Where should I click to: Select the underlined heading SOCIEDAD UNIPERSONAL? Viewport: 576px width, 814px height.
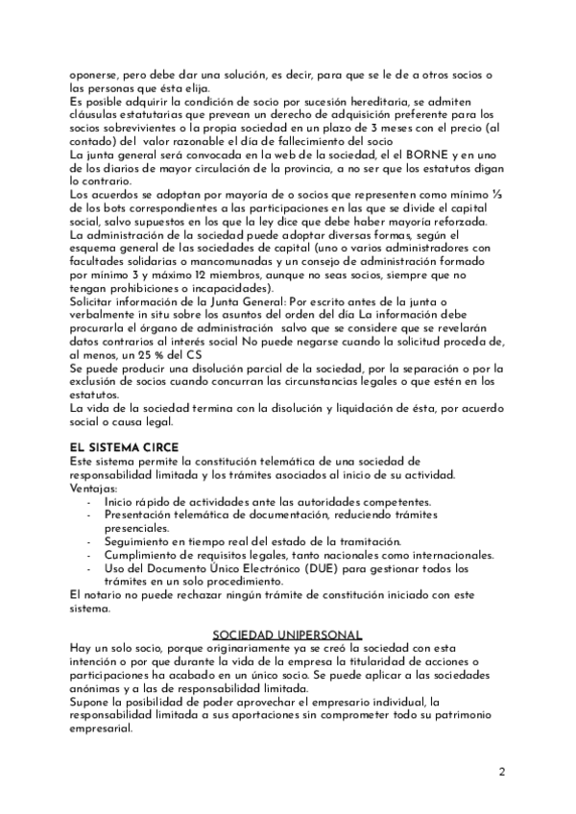point(287,634)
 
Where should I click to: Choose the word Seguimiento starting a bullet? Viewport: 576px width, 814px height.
point(143,542)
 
